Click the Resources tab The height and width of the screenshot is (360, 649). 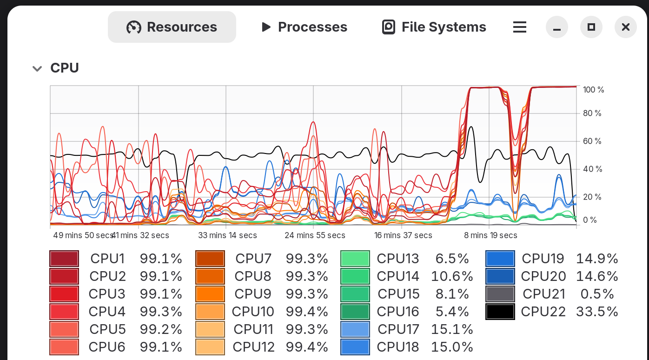(x=172, y=27)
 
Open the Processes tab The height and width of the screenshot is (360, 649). (x=304, y=27)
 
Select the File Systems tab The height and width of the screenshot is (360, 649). (x=434, y=27)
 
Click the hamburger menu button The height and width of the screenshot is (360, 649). (x=520, y=27)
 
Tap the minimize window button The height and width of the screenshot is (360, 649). (x=557, y=27)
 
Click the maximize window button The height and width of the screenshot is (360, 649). (x=591, y=27)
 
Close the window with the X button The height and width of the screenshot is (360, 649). (x=626, y=27)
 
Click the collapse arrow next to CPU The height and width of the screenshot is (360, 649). (x=37, y=69)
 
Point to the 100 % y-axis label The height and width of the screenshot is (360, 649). (x=594, y=90)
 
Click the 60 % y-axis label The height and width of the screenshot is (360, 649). (x=592, y=141)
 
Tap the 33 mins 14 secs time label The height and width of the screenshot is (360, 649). (x=228, y=235)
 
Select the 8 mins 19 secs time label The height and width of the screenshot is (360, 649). (x=490, y=235)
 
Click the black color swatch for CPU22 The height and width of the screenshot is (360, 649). (x=500, y=312)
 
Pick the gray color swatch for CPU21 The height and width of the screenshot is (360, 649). (x=500, y=294)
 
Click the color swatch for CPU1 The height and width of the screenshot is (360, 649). (x=64, y=259)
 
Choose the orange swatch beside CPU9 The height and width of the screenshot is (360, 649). (x=210, y=294)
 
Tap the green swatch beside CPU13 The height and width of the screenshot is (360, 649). (x=355, y=259)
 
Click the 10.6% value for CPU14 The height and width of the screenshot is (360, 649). (x=452, y=276)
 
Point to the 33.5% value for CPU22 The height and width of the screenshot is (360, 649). (x=597, y=312)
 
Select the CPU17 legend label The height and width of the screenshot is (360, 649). (x=398, y=329)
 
